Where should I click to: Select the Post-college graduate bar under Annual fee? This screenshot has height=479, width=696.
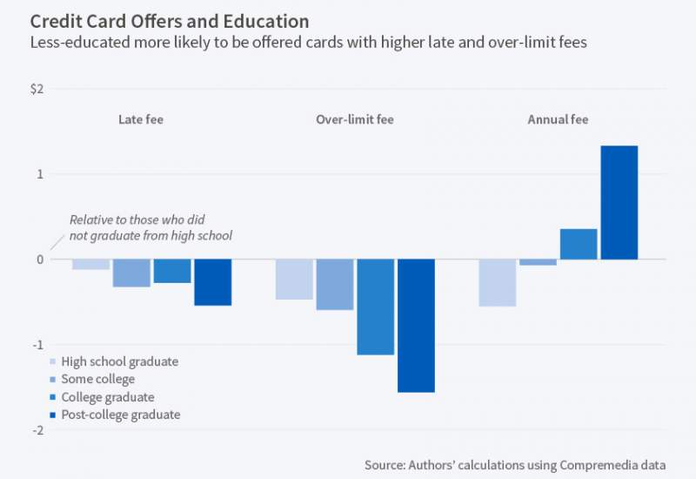coord(619,202)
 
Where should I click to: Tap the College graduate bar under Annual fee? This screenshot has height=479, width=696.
coord(579,244)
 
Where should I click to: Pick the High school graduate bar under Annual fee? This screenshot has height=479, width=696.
coord(498,282)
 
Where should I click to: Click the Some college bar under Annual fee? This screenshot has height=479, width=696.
coord(538,262)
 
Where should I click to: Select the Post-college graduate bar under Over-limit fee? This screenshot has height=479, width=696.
coord(416,326)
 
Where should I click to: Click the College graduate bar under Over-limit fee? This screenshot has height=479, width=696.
coord(375,307)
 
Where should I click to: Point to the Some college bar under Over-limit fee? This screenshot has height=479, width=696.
coord(334,284)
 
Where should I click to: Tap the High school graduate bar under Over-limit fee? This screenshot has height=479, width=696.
coord(294,279)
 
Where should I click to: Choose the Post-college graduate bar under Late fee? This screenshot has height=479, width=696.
coord(212,282)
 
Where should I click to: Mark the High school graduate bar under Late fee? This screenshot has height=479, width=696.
coord(90,264)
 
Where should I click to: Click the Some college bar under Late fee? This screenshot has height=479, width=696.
coord(131,273)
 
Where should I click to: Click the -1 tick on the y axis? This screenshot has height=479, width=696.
coord(37,344)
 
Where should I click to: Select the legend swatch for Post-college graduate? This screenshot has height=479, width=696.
coord(54,415)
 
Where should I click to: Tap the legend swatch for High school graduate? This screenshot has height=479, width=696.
coord(54,361)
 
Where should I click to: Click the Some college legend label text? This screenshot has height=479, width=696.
coord(98,379)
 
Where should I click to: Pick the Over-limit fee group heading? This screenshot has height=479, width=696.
coord(354,119)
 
